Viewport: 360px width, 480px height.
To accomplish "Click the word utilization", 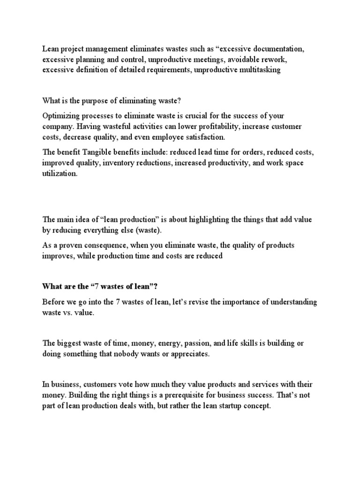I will (x=60, y=173).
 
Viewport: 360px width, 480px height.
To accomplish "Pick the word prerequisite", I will (x=196, y=395).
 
